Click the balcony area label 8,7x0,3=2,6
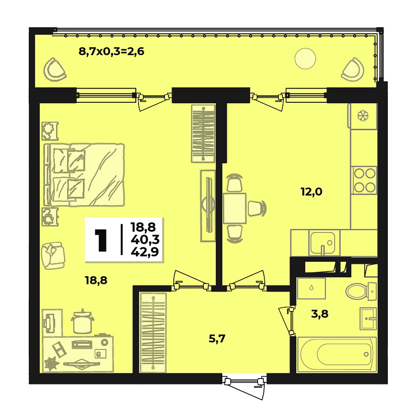(112, 51)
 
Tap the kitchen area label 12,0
(311, 191)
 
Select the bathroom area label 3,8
(319, 314)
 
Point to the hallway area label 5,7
(217, 339)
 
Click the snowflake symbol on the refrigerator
(362, 116)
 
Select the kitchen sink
(322, 242)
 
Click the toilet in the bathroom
(360, 291)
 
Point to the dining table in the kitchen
(234, 208)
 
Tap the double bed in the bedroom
(86, 174)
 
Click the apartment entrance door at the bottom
(244, 384)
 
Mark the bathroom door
(290, 320)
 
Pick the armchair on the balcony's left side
(56, 69)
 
